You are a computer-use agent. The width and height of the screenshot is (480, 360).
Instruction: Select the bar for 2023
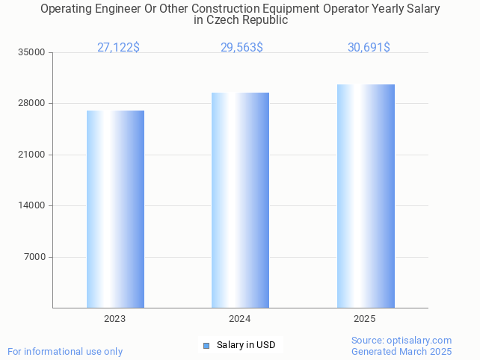click(115, 209)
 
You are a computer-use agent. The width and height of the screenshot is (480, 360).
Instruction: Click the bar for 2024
click(240, 200)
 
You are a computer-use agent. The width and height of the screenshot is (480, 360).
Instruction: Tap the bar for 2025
click(366, 196)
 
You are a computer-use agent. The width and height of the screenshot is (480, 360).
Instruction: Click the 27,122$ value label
click(118, 48)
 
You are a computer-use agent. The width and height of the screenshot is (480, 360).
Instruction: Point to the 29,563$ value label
click(241, 48)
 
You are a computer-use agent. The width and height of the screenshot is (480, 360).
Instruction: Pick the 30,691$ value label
click(369, 48)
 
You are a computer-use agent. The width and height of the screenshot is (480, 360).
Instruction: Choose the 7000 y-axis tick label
click(36, 257)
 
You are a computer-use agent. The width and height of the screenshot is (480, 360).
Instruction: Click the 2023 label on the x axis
click(115, 319)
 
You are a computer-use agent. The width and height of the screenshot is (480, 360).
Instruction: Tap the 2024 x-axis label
click(240, 319)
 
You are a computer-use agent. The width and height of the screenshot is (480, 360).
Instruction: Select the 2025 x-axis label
click(365, 319)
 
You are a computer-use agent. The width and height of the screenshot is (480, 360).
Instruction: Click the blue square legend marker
click(206, 345)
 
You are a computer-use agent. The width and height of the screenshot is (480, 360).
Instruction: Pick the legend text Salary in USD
click(246, 345)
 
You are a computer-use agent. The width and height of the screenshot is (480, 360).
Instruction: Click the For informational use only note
click(65, 351)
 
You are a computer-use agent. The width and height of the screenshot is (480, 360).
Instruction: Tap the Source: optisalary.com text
click(401, 340)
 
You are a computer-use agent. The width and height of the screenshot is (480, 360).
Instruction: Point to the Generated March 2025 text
click(401, 351)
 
